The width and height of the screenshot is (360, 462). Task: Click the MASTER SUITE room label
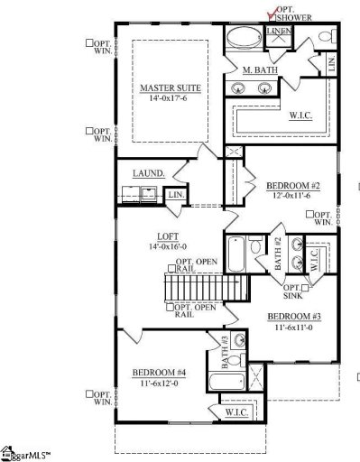(x=171, y=88)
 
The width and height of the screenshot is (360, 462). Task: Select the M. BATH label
(x=259, y=69)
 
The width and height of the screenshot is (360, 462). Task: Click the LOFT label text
(x=167, y=236)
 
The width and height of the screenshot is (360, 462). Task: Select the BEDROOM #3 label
(x=291, y=316)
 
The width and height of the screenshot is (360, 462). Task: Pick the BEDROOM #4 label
(x=159, y=374)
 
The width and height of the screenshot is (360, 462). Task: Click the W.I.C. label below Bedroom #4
(x=236, y=411)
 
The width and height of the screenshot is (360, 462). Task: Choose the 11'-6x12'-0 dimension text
(x=159, y=383)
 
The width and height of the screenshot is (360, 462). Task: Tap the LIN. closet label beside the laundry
(x=175, y=194)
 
